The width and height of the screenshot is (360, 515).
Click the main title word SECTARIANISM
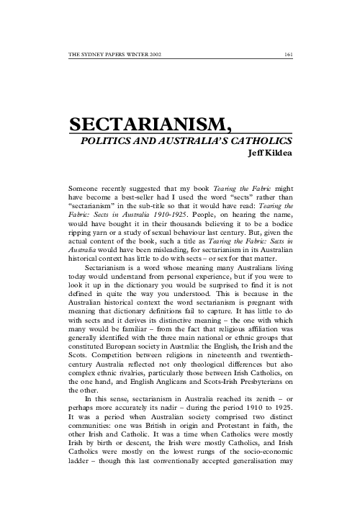click(149, 127)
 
